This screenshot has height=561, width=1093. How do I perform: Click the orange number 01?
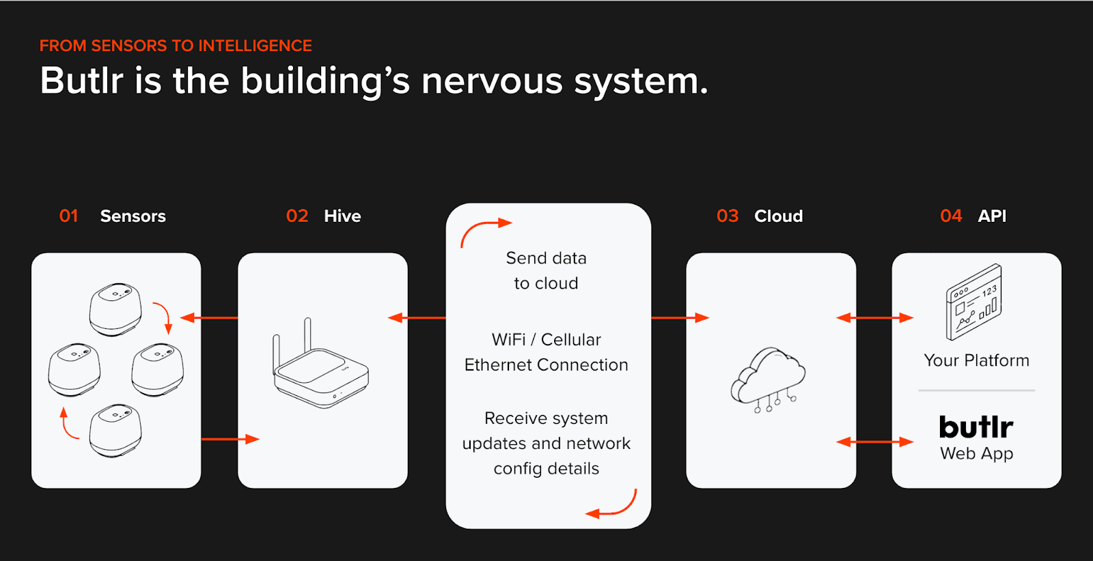pos(68,216)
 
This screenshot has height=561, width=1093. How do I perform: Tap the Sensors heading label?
pos(133,216)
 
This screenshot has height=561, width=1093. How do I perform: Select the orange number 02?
pos(296,216)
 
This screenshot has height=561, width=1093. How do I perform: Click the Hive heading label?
pos(342,216)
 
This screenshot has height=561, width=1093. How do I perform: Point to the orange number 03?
pos(727,216)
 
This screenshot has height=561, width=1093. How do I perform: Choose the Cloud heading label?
pos(778,216)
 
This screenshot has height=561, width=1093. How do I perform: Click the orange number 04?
pos(950,216)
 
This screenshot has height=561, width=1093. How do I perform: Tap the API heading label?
pos(992,216)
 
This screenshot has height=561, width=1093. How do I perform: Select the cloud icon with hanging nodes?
pos(769,379)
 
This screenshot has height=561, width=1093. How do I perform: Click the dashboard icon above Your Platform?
pos(973,302)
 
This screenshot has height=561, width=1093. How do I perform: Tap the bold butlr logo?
pos(976,427)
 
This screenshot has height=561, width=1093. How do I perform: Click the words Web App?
pos(976,454)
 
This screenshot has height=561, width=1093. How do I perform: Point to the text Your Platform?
pos(976,360)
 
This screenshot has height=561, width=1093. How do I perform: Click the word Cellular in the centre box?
pos(570,340)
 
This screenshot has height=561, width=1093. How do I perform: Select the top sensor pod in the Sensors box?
pos(115,309)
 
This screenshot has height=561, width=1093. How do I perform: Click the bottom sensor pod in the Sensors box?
pos(115,430)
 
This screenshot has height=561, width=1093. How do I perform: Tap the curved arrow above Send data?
pos(484,231)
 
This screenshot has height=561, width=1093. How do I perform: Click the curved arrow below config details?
pos(613,506)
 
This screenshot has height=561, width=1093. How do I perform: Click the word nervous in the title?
pos(492,81)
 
